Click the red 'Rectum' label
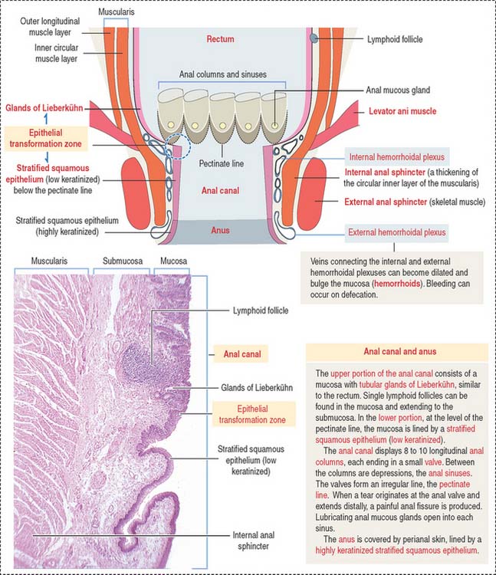point(220,39)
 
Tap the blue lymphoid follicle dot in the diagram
point(314,38)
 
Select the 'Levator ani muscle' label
point(402,111)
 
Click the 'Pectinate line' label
point(221,163)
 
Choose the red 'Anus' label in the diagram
point(220,230)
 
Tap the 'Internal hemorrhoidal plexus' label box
point(396,157)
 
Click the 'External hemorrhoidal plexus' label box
point(396,232)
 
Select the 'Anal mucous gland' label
point(398,90)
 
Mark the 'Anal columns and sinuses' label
point(223,74)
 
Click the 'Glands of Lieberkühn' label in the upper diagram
point(44,108)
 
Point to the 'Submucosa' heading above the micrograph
point(123,261)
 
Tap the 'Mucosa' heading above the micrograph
point(173,261)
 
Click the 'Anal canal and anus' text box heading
point(400,351)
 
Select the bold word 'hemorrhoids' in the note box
point(396,284)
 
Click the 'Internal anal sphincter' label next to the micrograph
point(253,540)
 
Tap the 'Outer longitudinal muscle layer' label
point(50,26)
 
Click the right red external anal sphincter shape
point(311,194)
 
